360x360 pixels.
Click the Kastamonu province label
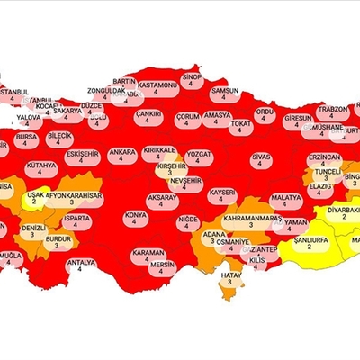(157, 85)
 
